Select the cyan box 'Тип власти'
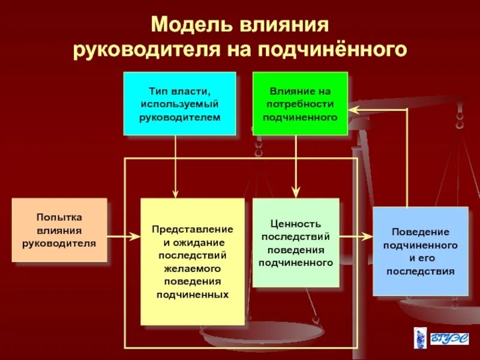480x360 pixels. point(179,103)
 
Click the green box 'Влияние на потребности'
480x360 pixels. point(300,103)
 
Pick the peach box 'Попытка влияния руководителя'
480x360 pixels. point(59,230)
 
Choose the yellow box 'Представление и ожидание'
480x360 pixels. point(193,262)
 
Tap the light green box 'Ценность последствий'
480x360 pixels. point(296,242)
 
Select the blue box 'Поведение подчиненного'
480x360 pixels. point(420,251)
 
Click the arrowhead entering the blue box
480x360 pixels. point(367,236)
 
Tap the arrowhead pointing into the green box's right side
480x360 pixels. point(353,109)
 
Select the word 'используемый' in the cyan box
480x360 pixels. point(180,103)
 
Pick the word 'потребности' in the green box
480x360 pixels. point(300,103)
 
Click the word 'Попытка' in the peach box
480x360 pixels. point(59,217)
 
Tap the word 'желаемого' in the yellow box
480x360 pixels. point(193,268)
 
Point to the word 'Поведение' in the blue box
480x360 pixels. point(420,232)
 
